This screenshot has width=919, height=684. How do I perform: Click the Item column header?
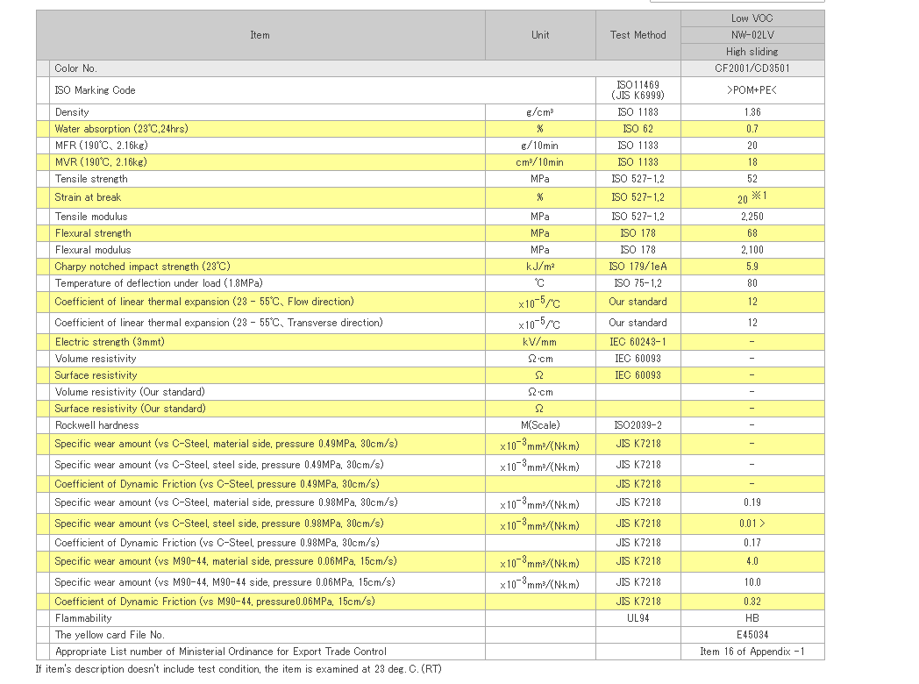point(260,35)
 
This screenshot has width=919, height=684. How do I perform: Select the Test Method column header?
point(638,35)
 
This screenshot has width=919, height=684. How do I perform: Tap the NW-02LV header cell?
point(752,35)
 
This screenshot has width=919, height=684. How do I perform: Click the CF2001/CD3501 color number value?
point(752,68)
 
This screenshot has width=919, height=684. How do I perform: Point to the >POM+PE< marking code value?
point(752,90)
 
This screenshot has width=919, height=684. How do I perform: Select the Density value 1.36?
point(752,112)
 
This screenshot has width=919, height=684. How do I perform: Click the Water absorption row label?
point(121,129)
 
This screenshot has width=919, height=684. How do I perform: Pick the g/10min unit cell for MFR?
point(540,146)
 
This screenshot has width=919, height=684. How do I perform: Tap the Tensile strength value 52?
point(752,179)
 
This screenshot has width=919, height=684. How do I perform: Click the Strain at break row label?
point(88,197)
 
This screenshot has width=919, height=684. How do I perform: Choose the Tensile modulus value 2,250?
point(752,217)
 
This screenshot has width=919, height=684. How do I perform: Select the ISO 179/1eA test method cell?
point(638,267)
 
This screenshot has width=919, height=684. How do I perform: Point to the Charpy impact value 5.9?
point(752,267)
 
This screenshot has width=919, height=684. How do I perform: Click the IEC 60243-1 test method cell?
point(638,342)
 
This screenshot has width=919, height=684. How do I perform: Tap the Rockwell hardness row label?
point(96,425)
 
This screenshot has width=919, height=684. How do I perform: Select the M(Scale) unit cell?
point(540,425)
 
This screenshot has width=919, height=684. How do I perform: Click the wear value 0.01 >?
point(752,524)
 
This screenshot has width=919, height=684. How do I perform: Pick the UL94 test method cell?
point(638,618)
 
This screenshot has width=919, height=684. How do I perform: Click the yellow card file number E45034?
point(752,635)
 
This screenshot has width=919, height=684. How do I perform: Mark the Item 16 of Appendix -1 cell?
point(752,652)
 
